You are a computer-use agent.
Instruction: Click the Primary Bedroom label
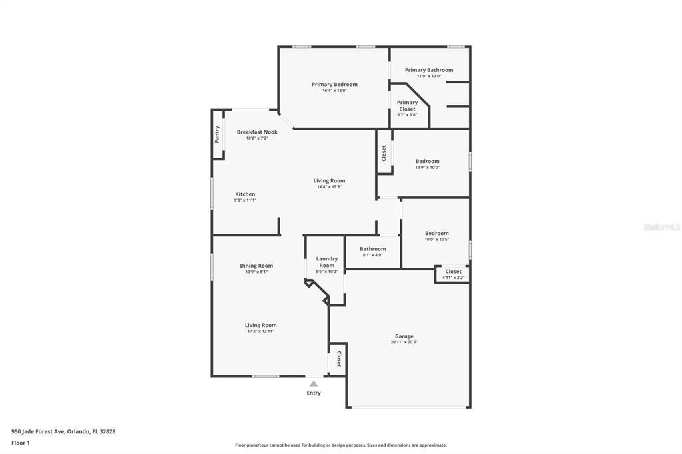[x=334, y=85]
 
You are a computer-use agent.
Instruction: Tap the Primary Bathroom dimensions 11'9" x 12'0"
[x=429, y=76]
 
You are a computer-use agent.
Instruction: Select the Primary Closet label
[x=407, y=106]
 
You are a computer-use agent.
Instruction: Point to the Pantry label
[x=217, y=135]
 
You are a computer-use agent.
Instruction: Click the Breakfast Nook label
[x=257, y=132]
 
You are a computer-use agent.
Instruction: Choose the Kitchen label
[x=245, y=194]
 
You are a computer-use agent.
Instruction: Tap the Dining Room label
[x=256, y=266]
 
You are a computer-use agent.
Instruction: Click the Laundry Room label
[x=326, y=262]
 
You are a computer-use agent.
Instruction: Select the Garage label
[x=404, y=336]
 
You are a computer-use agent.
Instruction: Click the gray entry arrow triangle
[x=314, y=383]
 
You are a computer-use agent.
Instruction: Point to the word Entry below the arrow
[x=314, y=393]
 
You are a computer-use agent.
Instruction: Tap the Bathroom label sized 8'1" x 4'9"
[x=373, y=249]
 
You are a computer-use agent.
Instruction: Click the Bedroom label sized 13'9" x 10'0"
[x=428, y=161]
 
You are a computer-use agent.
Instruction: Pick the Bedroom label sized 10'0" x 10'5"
[x=437, y=233]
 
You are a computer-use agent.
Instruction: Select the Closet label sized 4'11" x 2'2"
[x=453, y=271]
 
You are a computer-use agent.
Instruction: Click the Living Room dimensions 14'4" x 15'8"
[x=329, y=186]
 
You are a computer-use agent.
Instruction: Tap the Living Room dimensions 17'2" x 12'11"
[x=260, y=331]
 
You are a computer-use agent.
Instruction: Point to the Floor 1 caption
[x=21, y=443]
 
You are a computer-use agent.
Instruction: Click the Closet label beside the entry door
[x=338, y=359]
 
